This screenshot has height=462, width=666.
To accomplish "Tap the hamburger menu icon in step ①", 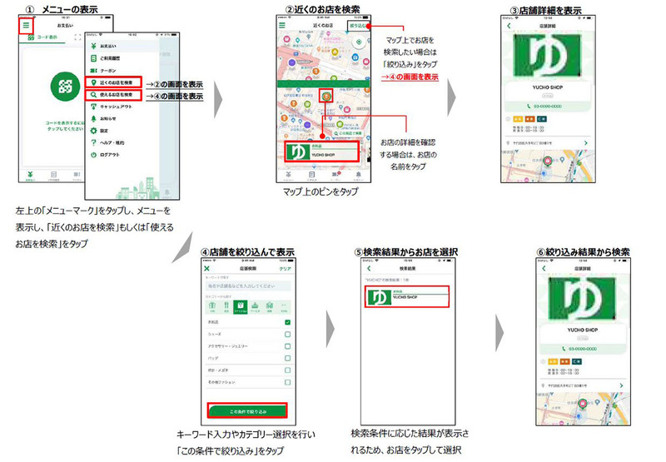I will pos(26,26).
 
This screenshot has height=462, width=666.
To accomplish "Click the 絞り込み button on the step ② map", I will pos(359,26).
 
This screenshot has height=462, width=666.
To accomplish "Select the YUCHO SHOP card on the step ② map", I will pos(321,152).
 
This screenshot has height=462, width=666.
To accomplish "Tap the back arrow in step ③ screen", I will pos(509,25).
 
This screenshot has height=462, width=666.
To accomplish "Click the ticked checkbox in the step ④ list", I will pos(287,322).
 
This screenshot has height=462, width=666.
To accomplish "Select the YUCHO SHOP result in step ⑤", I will pos(406,297).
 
